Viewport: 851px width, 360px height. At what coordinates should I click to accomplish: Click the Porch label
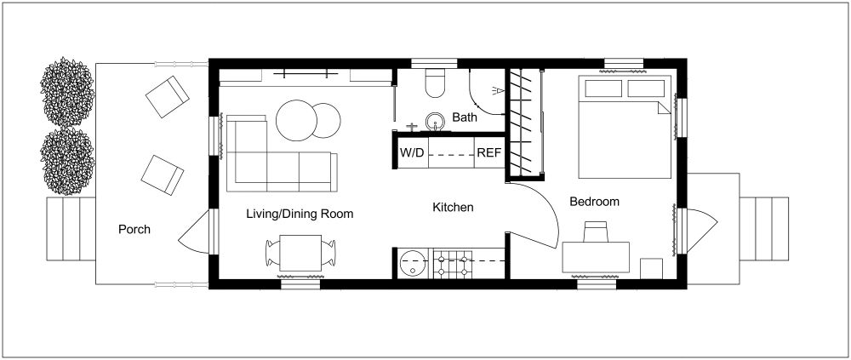134,229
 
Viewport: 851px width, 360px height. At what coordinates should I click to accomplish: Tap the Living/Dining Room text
300,214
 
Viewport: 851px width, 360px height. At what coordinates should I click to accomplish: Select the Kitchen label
453,207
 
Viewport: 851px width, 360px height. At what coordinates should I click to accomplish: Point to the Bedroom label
594,202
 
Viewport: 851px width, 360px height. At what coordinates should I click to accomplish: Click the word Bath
465,117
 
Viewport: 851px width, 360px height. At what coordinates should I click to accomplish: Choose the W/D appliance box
409,153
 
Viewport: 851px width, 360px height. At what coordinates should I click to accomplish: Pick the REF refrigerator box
488,153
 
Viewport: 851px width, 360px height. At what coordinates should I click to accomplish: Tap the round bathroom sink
437,123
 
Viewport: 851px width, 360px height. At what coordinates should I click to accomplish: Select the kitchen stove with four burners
453,263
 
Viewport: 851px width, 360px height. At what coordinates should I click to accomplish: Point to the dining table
300,253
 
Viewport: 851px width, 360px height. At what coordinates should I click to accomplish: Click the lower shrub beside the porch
67,160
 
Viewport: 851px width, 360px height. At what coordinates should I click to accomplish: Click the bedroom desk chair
596,231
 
